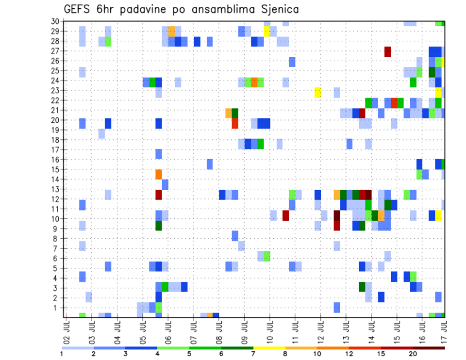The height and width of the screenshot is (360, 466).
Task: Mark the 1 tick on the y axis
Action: pyautogui.click(x=56, y=308)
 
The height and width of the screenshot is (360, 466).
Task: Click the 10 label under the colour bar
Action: pyautogui.click(x=317, y=354)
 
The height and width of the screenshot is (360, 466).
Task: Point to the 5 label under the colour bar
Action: pyautogui.click(x=189, y=354)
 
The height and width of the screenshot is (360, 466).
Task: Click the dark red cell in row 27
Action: pyautogui.click(x=387, y=51)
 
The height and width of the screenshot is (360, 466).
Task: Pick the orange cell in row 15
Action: pyautogui.click(x=158, y=174)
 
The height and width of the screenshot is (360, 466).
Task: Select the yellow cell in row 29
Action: pyautogui.click(x=267, y=31)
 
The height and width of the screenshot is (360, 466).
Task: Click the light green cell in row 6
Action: pyautogui.click(x=267, y=256)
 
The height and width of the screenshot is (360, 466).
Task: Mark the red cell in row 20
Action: pyautogui.click(x=235, y=123)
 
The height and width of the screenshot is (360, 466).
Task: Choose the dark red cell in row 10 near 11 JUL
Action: pyautogui.click(x=285, y=215)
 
